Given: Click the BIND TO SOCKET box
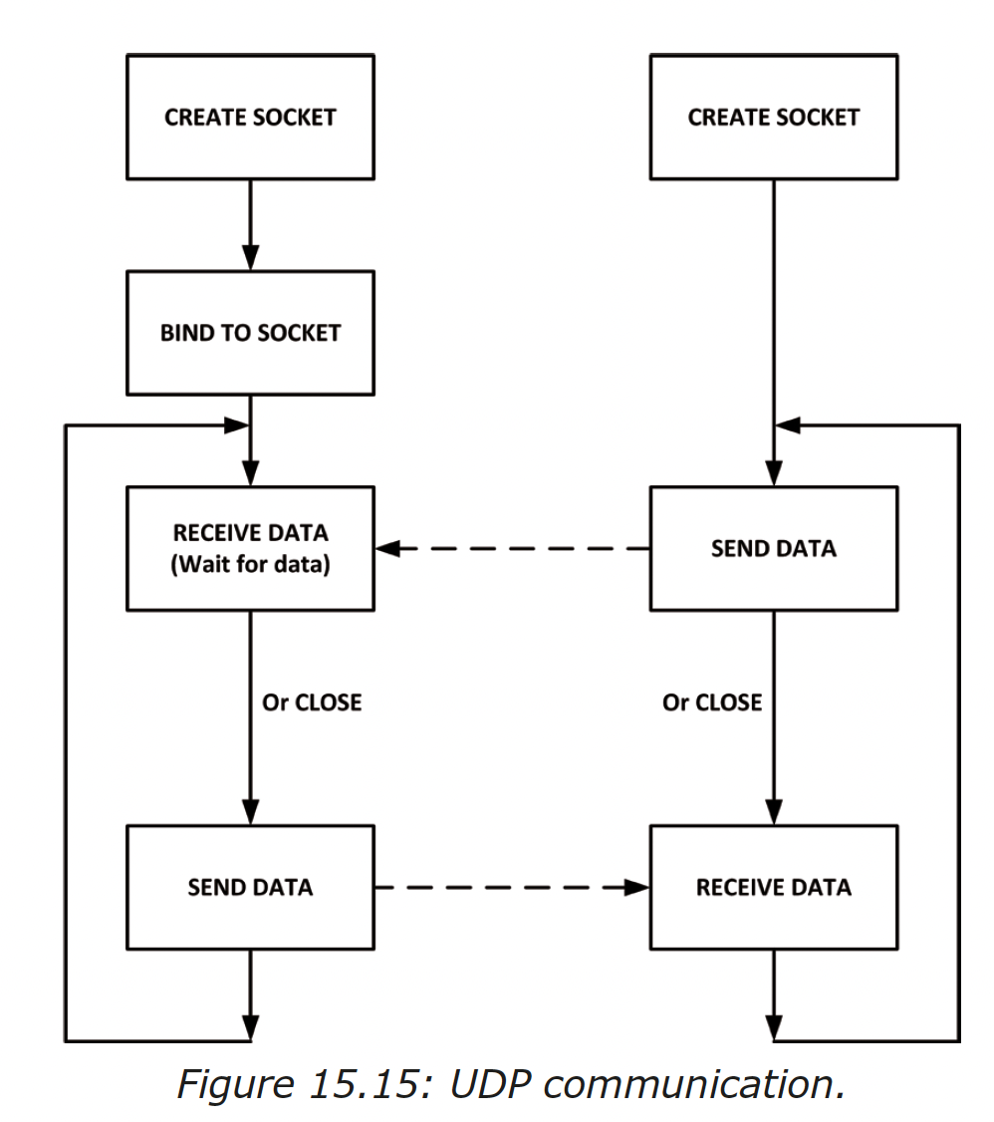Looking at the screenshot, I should click(x=250, y=332).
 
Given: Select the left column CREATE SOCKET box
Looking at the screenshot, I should click(x=250, y=117).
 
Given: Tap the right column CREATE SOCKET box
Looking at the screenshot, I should click(x=773, y=117).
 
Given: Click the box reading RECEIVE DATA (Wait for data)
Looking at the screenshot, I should click(x=250, y=548).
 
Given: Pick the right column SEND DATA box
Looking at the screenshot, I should click(x=773, y=548).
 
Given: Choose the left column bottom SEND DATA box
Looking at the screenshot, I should click(x=250, y=887).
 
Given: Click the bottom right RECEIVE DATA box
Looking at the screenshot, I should click(x=773, y=887).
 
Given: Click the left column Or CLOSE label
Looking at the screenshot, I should click(x=312, y=702).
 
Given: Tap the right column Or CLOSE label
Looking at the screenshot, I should click(x=712, y=702).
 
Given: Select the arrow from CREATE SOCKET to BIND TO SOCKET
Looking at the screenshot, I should click(x=250, y=224).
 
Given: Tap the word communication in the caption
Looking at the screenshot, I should click(x=692, y=1083).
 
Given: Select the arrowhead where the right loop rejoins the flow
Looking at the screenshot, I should click(x=788, y=425).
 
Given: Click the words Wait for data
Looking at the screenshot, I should click(x=250, y=564).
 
